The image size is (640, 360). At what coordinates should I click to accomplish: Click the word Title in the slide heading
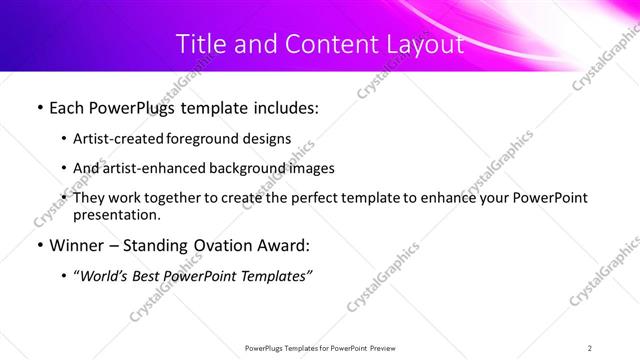click(197, 44)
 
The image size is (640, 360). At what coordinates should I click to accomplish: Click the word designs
click(270, 139)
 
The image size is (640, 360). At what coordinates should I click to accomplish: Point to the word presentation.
click(117, 215)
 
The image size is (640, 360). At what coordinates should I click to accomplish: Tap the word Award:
click(283, 245)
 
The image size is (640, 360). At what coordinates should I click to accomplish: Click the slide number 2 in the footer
click(590, 347)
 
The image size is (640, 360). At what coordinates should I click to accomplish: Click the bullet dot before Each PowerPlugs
click(39, 107)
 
